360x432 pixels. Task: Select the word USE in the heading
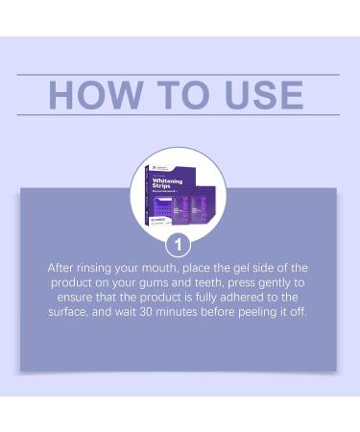coord(265,95)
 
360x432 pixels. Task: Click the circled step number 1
coord(179,243)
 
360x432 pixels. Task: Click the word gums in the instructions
coord(154,283)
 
